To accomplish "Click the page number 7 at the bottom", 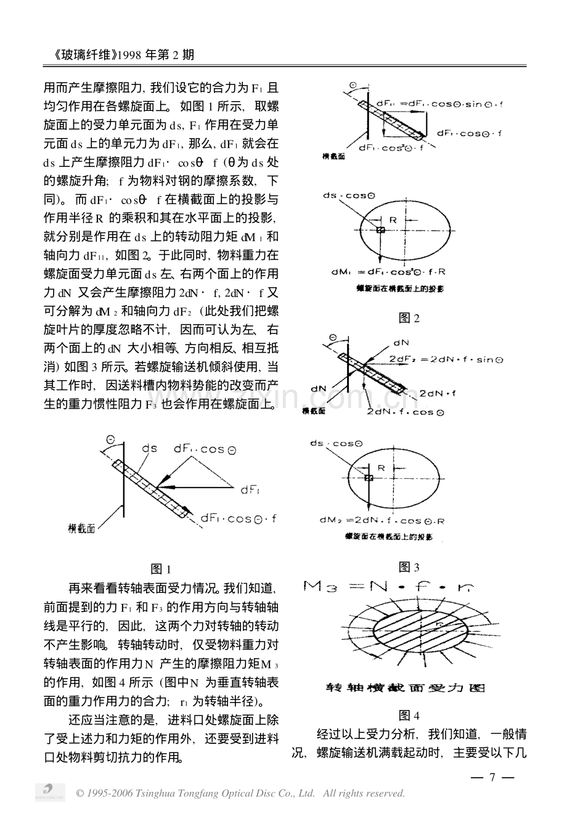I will [x=492, y=777].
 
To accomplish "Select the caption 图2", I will [x=409, y=318].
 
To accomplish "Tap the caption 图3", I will [x=409, y=567].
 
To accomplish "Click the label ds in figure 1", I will [x=149, y=449].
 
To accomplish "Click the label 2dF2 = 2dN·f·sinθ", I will [x=442, y=359].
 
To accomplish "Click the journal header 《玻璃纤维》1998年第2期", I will [x=120, y=55].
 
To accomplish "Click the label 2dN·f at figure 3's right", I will [x=438, y=392].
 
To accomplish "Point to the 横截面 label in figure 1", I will [x=81, y=528].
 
